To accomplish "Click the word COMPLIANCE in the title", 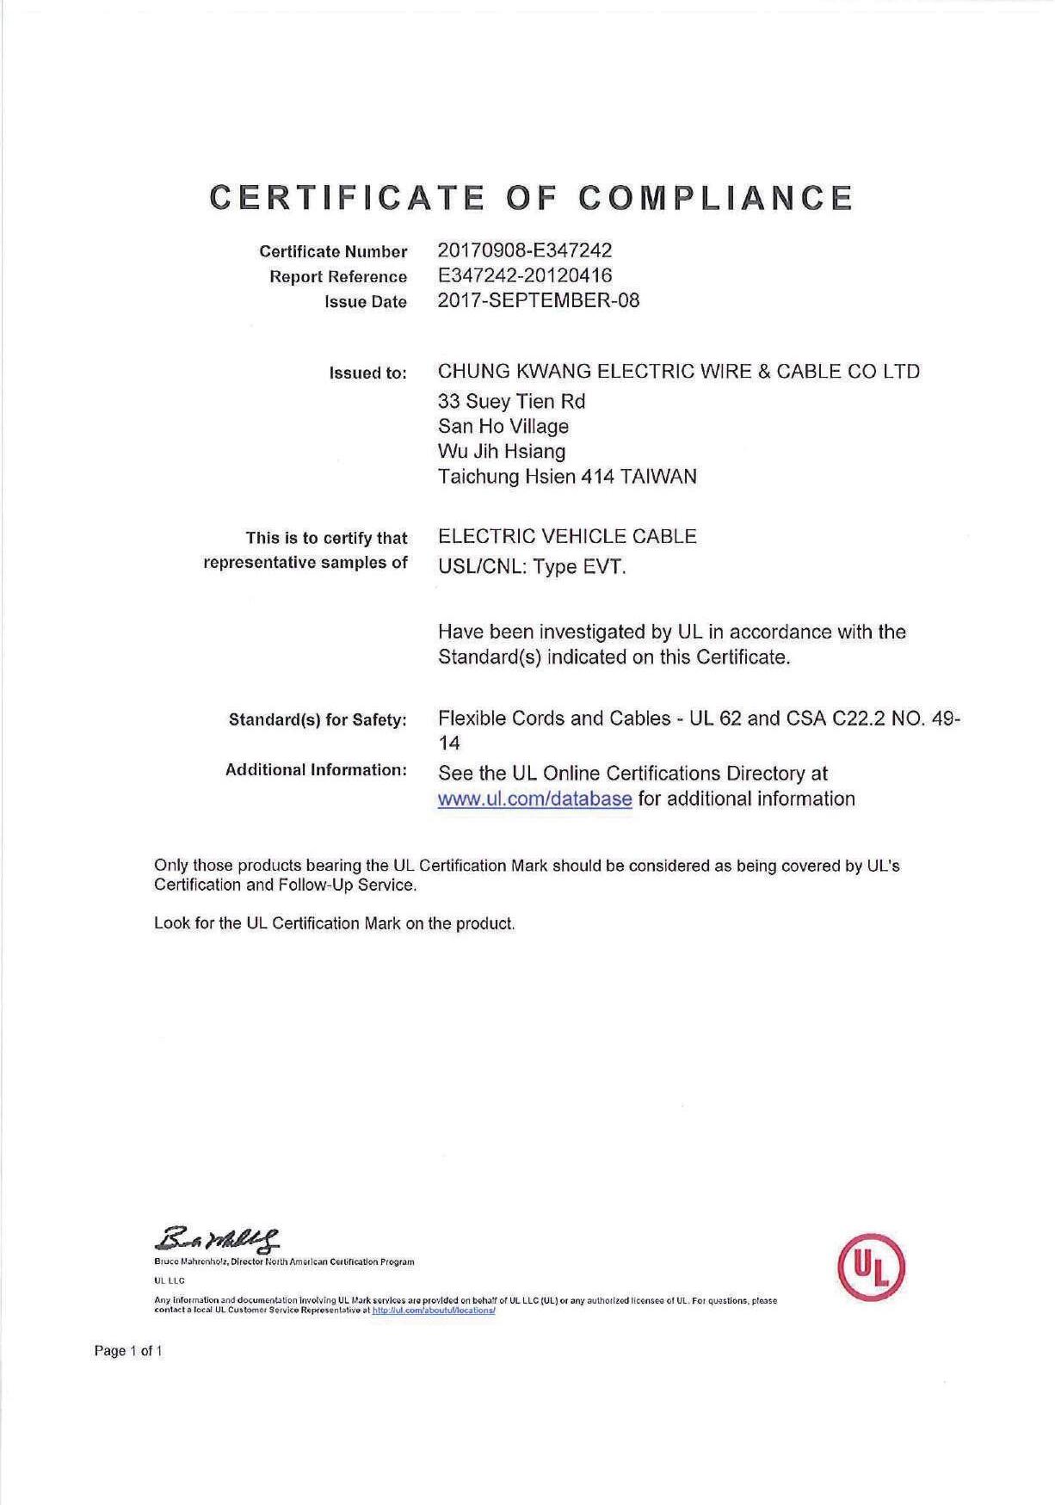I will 715,198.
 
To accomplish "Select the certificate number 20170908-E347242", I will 525,250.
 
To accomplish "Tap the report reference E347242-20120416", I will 525,275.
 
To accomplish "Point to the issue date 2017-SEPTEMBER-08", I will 539,300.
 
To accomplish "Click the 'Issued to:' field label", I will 367,373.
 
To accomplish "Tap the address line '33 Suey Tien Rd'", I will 511,401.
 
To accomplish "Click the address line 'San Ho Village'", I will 503,426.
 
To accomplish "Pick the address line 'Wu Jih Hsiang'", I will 502,451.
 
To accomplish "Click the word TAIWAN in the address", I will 657,476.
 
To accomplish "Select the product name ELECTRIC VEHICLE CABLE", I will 567,536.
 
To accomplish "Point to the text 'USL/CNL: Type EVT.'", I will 532,566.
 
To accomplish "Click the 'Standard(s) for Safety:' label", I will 318,719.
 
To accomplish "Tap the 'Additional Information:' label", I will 316,769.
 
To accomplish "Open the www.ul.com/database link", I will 534,799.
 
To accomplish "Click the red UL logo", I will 871,1268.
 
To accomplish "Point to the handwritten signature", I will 217,1240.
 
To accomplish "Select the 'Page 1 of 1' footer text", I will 128,1351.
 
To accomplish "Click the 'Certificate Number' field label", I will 333,252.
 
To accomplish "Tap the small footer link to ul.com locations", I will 433,1311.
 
